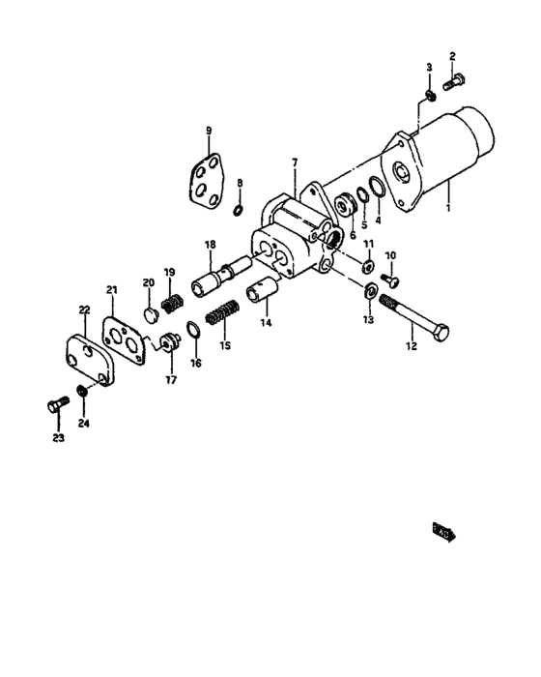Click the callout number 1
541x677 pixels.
click(447, 206)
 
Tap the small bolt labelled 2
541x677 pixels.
click(455, 83)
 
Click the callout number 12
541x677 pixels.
click(413, 346)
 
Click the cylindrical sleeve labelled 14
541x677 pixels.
click(264, 290)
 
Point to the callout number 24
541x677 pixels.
click(83, 423)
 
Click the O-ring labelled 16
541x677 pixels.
click(191, 334)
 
